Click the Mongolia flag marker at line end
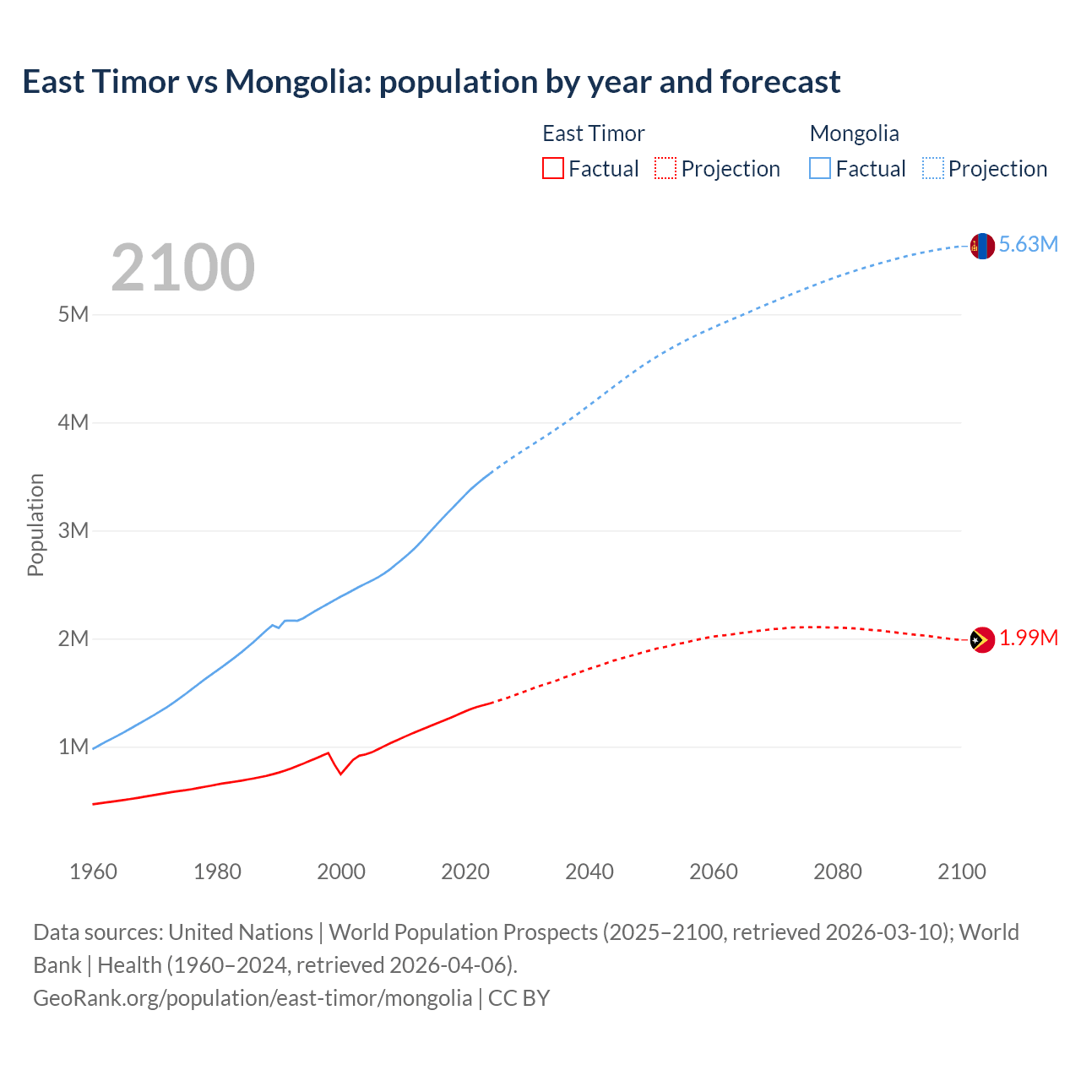(x=982, y=246)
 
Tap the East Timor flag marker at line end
(x=982, y=640)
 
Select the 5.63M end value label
(x=1028, y=244)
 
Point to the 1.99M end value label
(x=1028, y=638)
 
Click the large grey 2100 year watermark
(x=182, y=268)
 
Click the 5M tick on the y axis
(x=73, y=314)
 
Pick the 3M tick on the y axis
(x=73, y=530)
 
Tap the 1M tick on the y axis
(x=73, y=747)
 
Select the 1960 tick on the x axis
(x=93, y=872)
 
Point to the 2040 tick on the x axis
(x=589, y=872)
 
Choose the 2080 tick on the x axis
(x=838, y=872)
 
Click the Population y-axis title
(x=35, y=524)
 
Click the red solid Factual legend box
(x=552, y=168)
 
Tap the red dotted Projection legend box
(x=665, y=168)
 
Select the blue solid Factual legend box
(x=819, y=168)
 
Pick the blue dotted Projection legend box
(x=932, y=168)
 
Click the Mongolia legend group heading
(x=854, y=133)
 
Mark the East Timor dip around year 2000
(x=340, y=773)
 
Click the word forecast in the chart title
(x=780, y=82)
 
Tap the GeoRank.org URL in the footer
(x=253, y=998)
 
